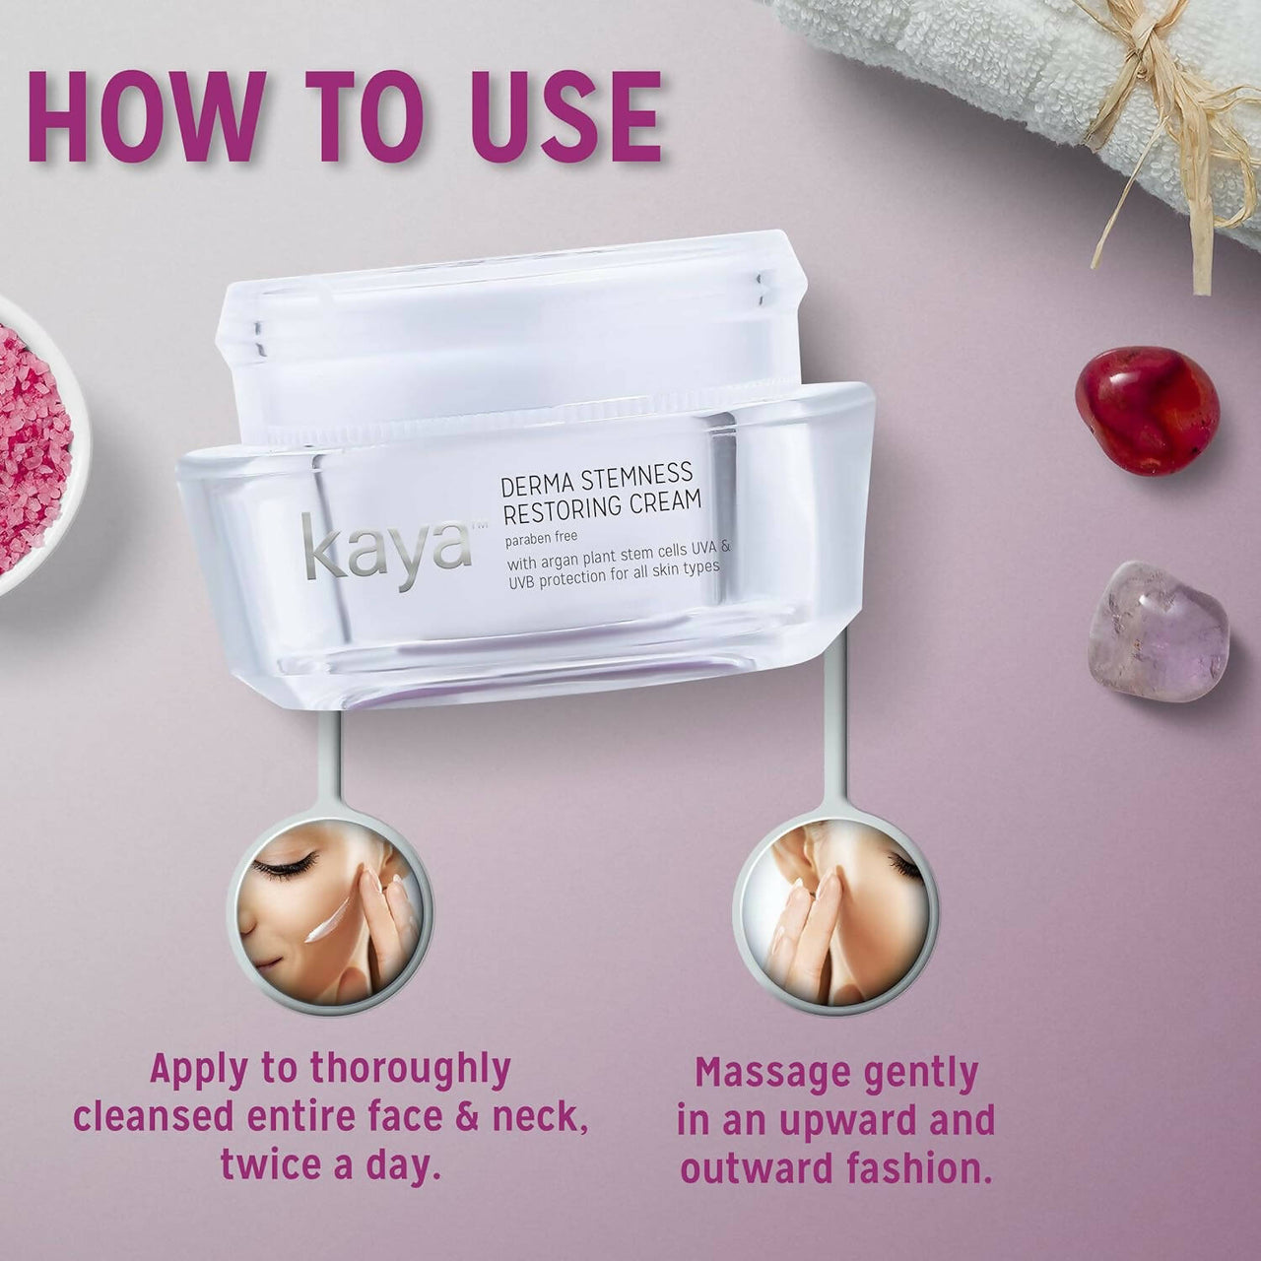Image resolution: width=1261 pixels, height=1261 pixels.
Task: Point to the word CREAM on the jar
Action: pos(665,501)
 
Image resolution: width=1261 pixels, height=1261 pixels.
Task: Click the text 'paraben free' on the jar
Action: pos(543,537)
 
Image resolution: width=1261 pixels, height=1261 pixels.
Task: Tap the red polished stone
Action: pos(1146,410)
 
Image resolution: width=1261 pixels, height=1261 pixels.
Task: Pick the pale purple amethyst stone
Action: pos(1161,630)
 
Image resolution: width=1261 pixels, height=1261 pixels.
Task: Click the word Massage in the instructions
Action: pos(771,1073)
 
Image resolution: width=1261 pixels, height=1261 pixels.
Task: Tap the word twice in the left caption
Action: pos(272,1163)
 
